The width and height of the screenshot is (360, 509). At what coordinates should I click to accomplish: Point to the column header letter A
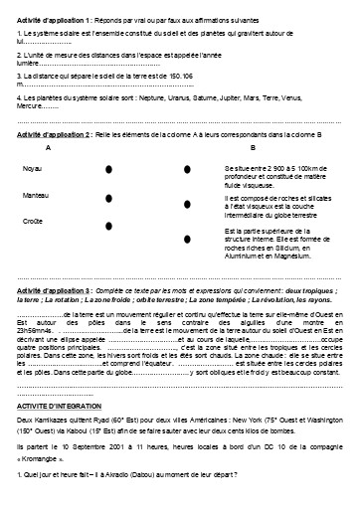[49, 147]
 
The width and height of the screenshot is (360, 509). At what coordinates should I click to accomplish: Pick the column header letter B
[252, 147]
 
